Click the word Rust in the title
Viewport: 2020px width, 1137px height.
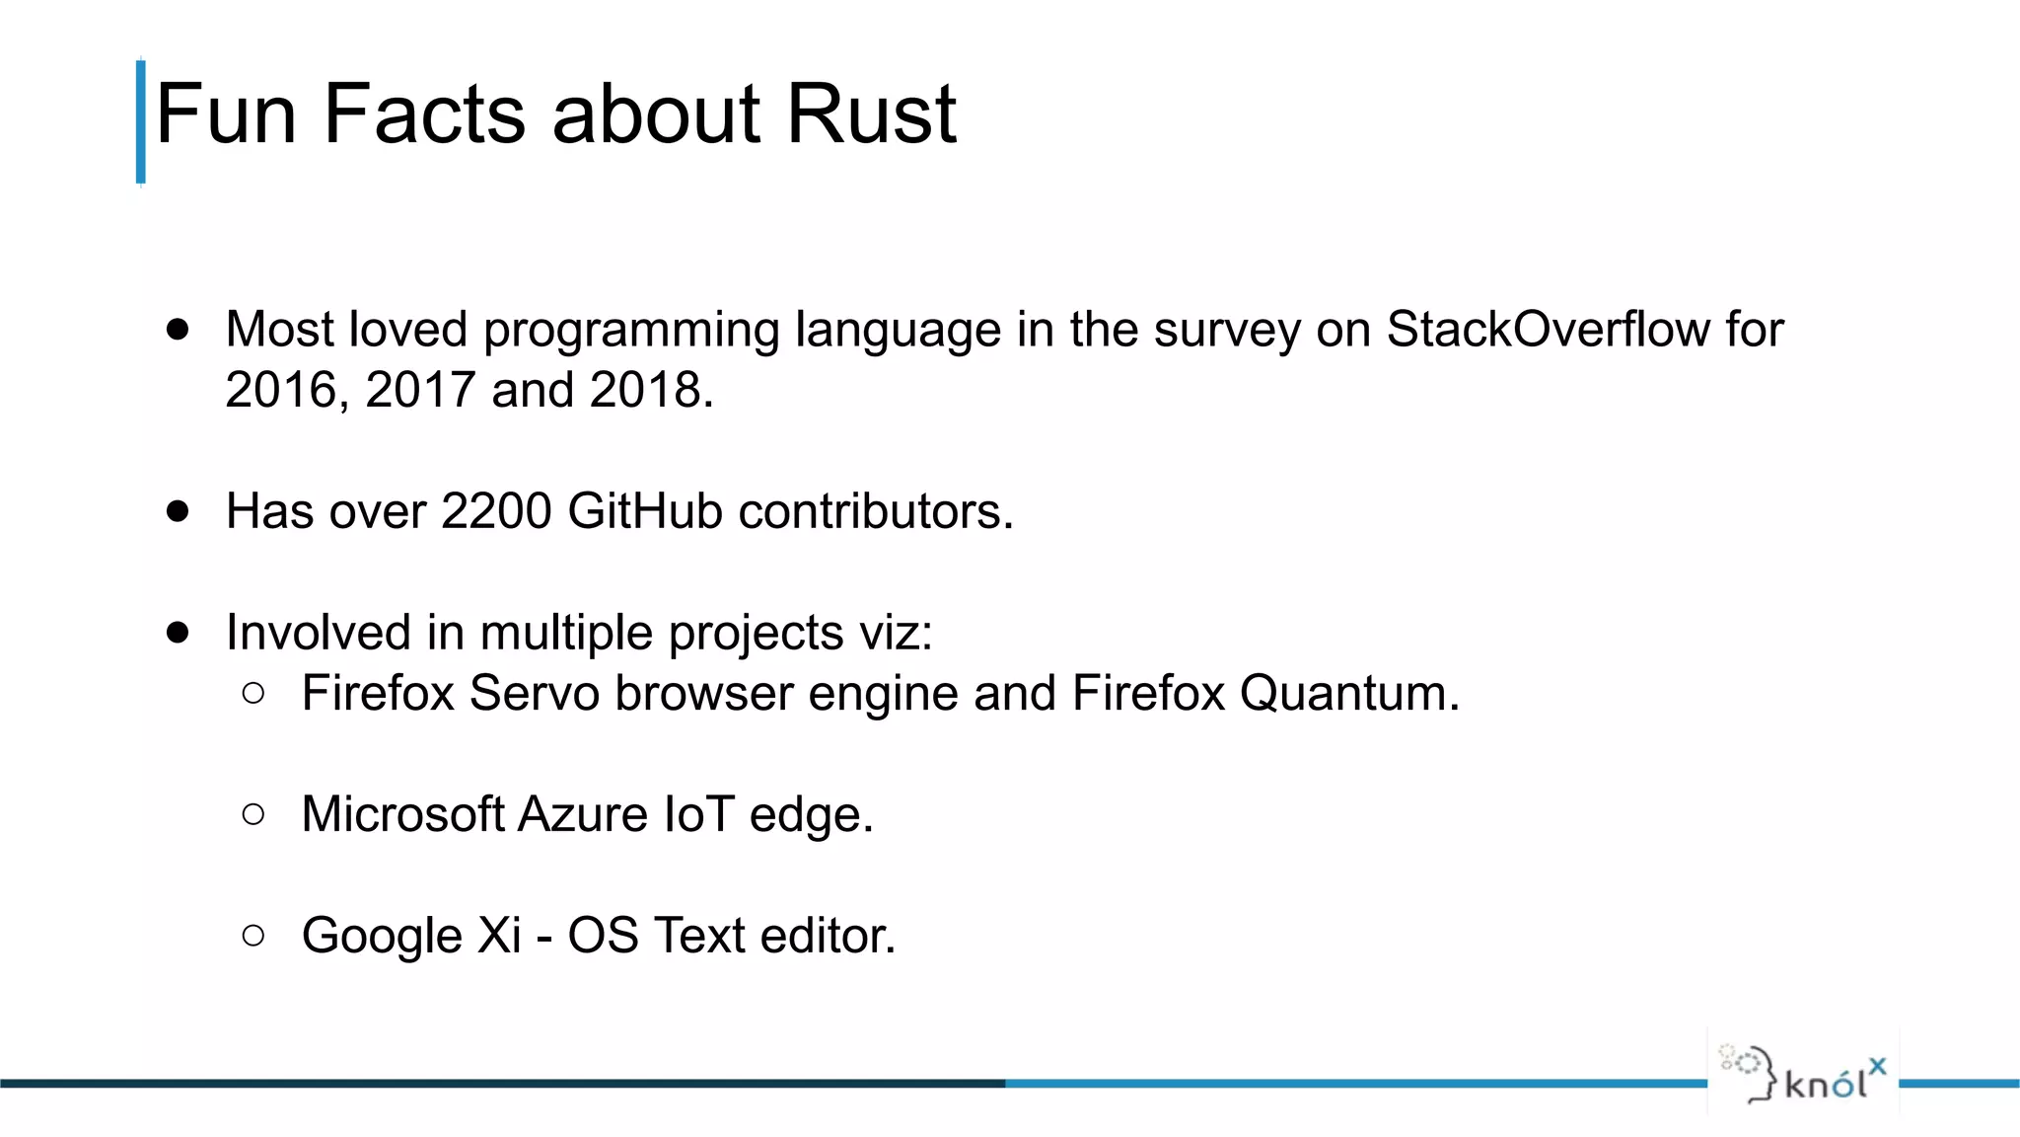tap(870, 114)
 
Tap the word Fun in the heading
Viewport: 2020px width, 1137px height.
tap(226, 114)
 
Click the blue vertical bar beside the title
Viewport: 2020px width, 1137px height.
tap(140, 122)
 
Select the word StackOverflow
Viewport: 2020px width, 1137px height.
tap(1548, 329)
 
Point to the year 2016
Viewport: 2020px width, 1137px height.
tap(281, 389)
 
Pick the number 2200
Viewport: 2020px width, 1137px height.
tap(496, 511)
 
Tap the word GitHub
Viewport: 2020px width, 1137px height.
tap(645, 511)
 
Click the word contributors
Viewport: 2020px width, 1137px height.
tap(875, 511)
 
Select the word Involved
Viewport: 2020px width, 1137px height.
tap(318, 633)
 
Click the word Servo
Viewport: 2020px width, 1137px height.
tap(534, 693)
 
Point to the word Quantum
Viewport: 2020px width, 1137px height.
tap(1347, 693)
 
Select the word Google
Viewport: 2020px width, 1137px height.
tap(382, 936)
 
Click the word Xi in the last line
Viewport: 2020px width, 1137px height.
tap(499, 935)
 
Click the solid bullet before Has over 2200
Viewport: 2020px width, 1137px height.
tap(178, 511)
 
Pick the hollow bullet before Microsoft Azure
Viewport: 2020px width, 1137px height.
tap(253, 814)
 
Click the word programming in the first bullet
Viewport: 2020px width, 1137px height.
tap(631, 331)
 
